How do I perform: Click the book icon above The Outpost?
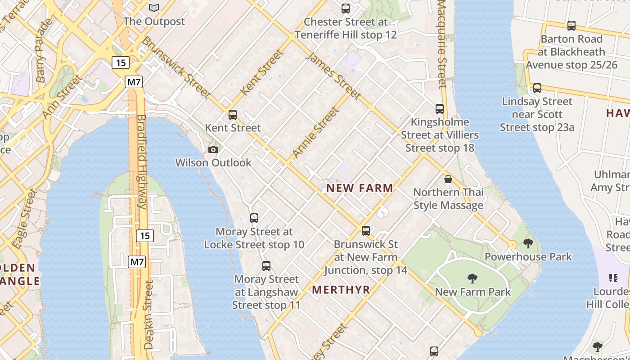coord(154,8)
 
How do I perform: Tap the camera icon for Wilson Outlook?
coord(213,149)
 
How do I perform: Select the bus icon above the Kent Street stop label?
coord(233,115)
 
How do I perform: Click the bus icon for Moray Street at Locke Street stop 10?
coord(254,218)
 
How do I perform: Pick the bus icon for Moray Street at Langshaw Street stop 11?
coord(266,266)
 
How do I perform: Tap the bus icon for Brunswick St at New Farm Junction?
coord(366,231)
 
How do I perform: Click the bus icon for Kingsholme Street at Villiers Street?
coord(440,109)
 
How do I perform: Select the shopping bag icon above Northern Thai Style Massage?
coord(448,179)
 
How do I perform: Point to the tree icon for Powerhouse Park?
coord(528,243)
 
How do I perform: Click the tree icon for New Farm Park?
coord(472,279)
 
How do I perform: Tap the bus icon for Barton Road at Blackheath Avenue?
coord(571,26)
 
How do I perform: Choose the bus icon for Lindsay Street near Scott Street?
coord(537,88)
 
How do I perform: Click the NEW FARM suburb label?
coord(360,188)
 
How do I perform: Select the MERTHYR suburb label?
coord(341,290)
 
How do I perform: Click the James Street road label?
coord(333,76)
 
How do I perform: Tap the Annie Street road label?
coord(315,133)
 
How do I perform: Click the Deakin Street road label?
coord(148,315)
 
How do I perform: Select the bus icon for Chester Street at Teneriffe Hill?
coord(346,9)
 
